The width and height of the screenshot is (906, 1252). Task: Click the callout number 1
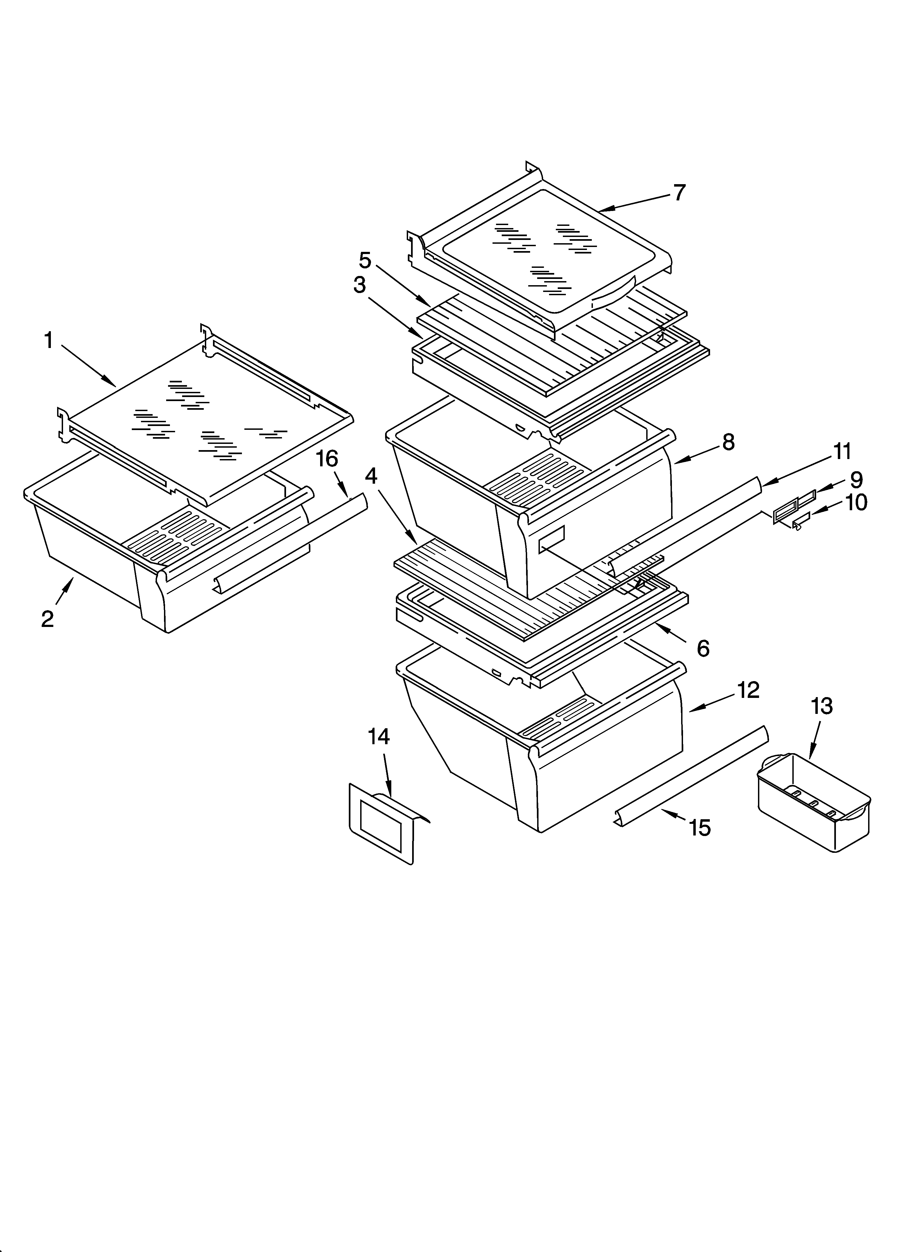(49, 341)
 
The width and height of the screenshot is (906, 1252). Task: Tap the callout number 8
(728, 442)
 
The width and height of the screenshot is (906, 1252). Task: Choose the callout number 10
(856, 502)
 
